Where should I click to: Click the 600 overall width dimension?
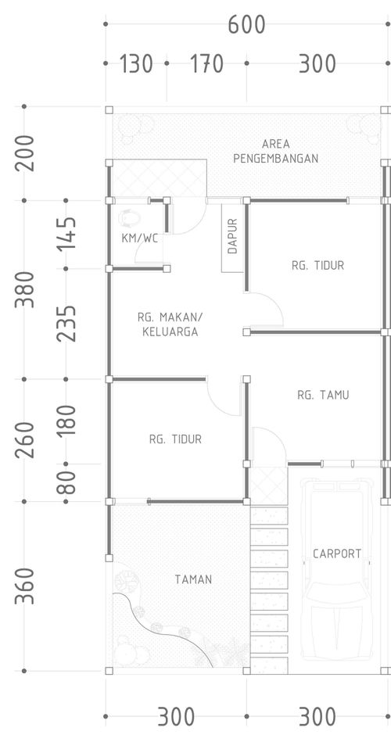pyautogui.click(x=246, y=24)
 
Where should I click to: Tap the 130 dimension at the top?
pyautogui.click(x=136, y=64)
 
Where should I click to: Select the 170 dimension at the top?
pyautogui.click(x=206, y=64)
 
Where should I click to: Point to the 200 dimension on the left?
pyautogui.click(x=25, y=153)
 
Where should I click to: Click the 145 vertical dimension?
pyautogui.click(x=66, y=234)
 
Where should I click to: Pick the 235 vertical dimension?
pyautogui.click(x=66, y=324)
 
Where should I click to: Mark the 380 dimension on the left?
pyautogui.click(x=25, y=289)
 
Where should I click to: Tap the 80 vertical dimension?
pyautogui.click(x=66, y=482)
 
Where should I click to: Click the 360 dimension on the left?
pyautogui.click(x=25, y=586)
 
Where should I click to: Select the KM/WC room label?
pyautogui.click(x=139, y=238)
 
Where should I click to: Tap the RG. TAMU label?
pyautogui.click(x=323, y=395)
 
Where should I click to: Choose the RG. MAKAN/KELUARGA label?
pyautogui.click(x=170, y=324)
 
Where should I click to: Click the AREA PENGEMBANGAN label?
pyautogui.click(x=276, y=151)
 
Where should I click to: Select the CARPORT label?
pyautogui.click(x=337, y=554)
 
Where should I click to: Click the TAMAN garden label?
pyautogui.click(x=193, y=579)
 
